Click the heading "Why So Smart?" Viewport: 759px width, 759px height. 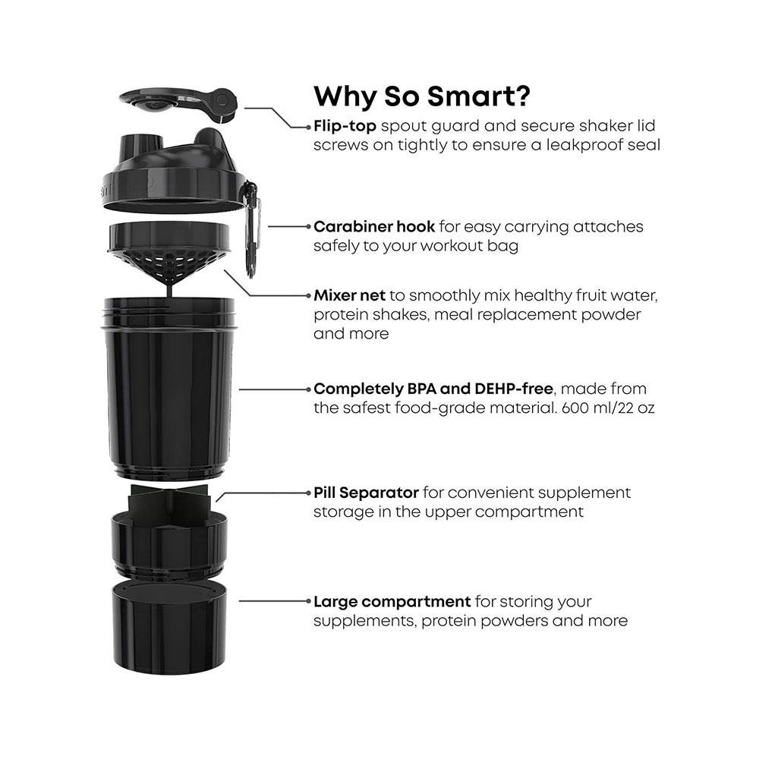tap(421, 96)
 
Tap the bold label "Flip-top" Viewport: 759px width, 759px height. tap(345, 126)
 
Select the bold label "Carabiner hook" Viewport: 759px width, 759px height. tap(374, 226)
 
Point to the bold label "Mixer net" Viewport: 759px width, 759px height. tap(349, 295)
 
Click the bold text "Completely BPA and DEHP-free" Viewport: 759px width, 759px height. tap(433, 389)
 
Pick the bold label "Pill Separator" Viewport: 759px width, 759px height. tap(366, 493)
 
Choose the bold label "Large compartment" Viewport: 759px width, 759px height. tap(392, 602)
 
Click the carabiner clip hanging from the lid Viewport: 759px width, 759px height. tap(251, 228)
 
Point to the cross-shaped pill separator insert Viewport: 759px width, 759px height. tap(169, 503)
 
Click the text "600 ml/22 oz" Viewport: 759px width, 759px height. tap(608, 408)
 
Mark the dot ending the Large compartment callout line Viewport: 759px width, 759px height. tap(308, 601)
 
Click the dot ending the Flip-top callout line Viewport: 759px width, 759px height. tap(308, 128)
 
